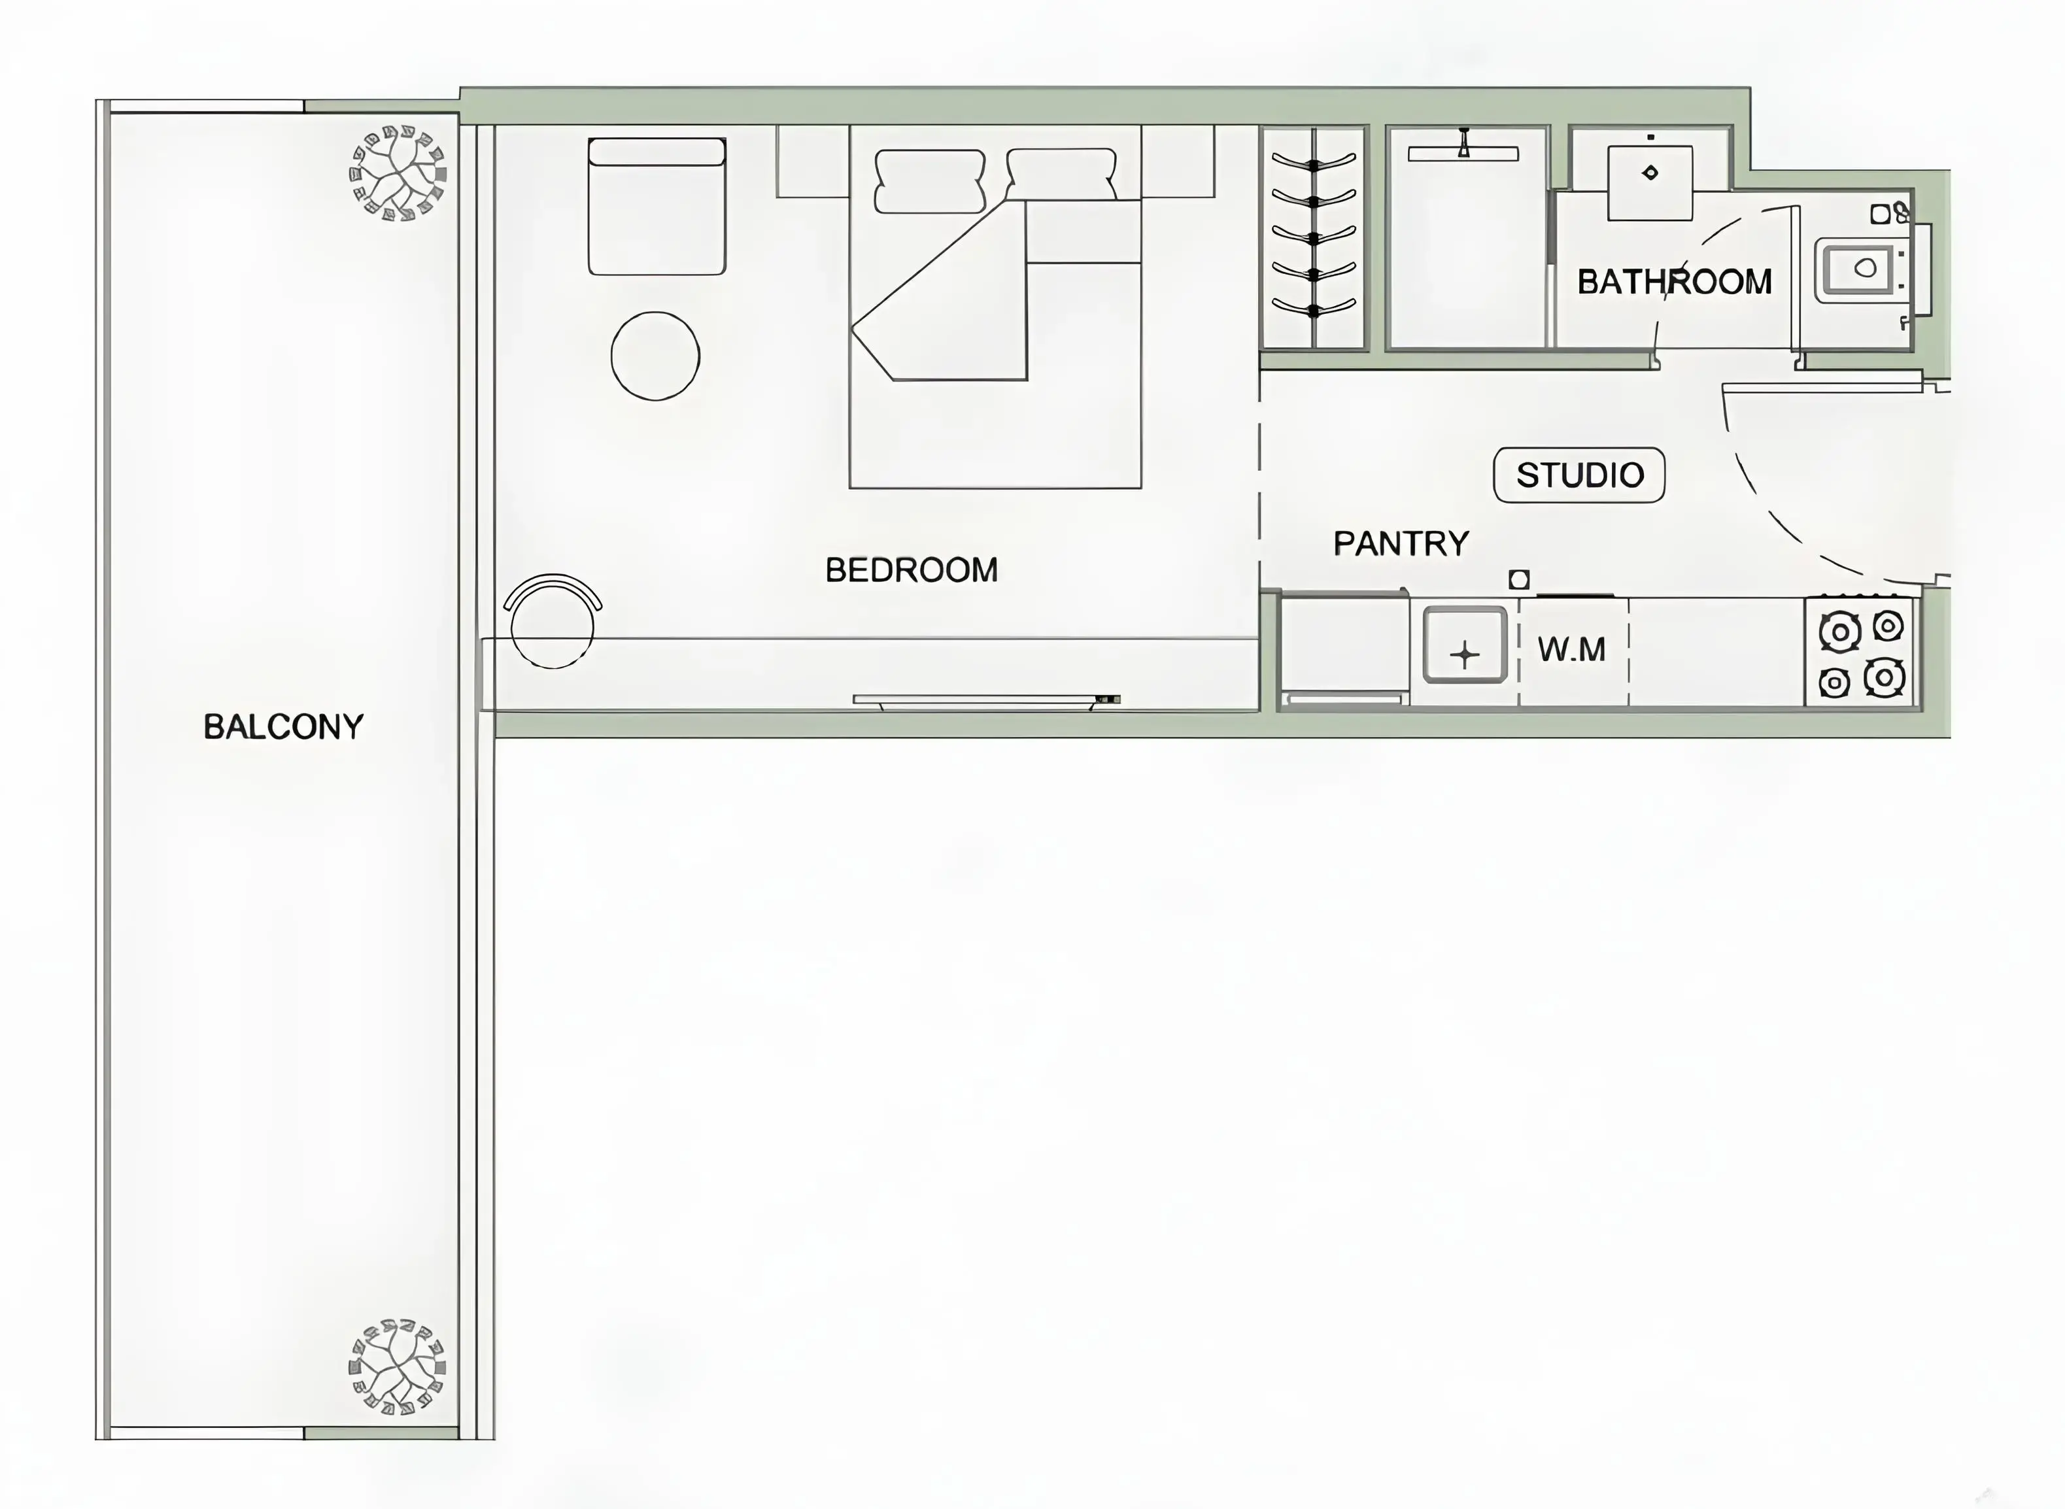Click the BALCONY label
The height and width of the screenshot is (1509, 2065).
coord(283,727)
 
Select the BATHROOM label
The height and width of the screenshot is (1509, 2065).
coord(1673,281)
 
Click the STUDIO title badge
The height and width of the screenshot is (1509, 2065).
coord(1579,475)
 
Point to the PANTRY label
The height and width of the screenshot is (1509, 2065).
coord(1400,543)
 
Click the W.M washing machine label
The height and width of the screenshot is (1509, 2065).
coord(1571,649)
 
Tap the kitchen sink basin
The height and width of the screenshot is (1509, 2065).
coord(1464,645)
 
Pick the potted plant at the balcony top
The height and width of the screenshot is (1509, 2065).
coord(398,173)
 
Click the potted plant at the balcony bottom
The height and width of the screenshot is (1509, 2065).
coord(398,1366)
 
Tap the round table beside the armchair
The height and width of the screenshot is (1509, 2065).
coord(655,355)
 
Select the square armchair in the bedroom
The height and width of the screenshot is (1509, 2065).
coord(657,207)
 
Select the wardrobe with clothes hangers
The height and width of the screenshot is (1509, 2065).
coord(1313,237)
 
